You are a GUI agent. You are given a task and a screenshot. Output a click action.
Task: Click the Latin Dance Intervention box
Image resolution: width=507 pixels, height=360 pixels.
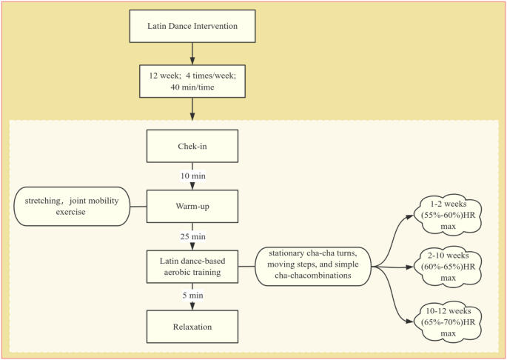(x=192, y=27)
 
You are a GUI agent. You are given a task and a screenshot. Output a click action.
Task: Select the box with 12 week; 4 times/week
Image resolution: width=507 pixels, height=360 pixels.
(x=192, y=81)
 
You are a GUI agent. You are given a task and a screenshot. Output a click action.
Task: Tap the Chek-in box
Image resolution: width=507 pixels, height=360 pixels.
(x=192, y=146)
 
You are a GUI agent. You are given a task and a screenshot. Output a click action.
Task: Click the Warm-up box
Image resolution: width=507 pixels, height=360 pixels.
(x=192, y=205)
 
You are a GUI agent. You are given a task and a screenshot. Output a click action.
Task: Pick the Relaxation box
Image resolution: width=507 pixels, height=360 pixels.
(x=192, y=326)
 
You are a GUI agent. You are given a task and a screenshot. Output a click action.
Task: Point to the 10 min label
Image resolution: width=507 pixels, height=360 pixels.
(x=192, y=176)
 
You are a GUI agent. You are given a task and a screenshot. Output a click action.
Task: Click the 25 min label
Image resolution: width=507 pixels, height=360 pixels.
(x=192, y=236)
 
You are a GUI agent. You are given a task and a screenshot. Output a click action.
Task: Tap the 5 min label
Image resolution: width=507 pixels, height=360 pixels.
(x=192, y=296)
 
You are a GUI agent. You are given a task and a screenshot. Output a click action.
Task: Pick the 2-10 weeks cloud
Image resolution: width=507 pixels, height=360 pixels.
(x=451, y=266)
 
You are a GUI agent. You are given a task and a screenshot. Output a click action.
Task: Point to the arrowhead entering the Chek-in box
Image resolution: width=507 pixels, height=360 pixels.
(x=192, y=125)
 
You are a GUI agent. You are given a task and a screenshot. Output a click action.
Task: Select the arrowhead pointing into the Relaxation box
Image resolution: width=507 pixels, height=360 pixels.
(x=192, y=306)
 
